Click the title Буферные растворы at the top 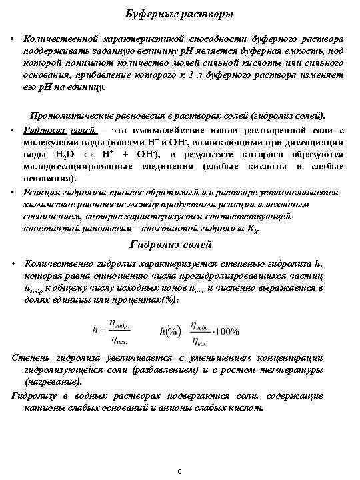(179, 14)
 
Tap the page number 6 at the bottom (180, 472)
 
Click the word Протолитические (71, 115)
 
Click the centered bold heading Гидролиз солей (179, 245)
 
